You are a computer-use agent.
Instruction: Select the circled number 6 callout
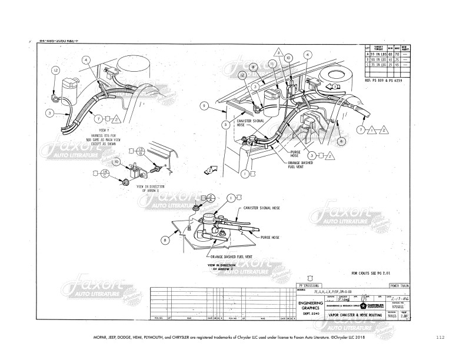point(341,141)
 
